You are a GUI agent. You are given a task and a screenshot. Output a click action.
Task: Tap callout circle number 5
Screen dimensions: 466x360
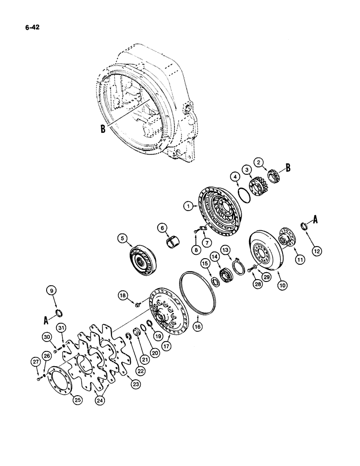tap(122, 239)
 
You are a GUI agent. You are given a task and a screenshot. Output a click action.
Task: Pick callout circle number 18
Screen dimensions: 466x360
tap(122, 295)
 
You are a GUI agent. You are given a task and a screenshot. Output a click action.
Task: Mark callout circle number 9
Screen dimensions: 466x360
tap(51, 291)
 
